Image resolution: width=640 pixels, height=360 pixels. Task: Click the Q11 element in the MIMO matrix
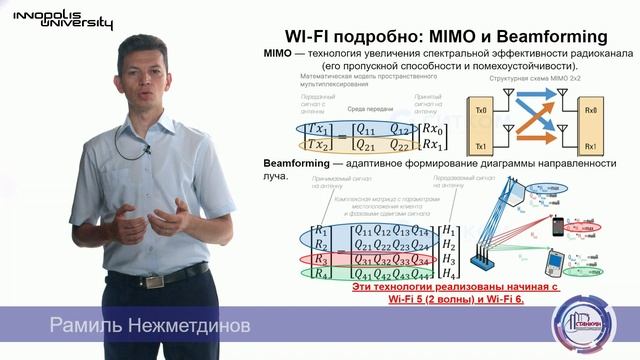(343, 128)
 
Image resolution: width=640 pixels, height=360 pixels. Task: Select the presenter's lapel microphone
(146, 149)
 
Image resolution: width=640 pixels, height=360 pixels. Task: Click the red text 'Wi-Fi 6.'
(519, 301)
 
